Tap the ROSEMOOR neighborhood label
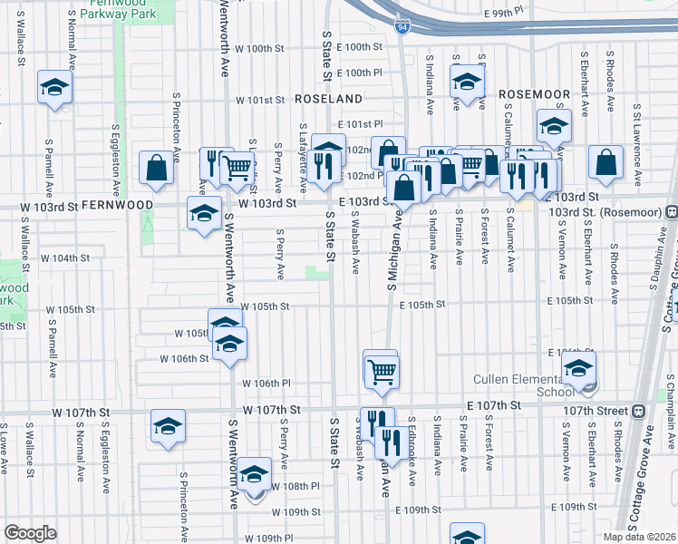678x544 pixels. click(x=534, y=94)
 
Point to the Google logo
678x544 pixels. click(x=30, y=533)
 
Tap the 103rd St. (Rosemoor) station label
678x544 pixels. click(x=605, y=211)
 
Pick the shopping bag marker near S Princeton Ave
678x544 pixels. click(x=157, y=168)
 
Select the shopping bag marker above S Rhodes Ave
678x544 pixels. click(x=605, y=163)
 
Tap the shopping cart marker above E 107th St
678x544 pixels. click(x=382, y=369)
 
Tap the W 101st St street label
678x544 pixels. click(x=260, y=101)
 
